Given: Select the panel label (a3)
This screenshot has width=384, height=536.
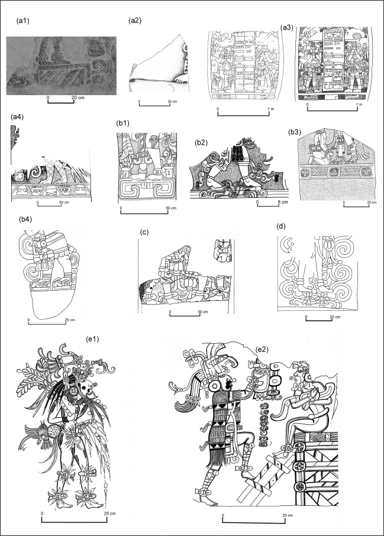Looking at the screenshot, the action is pos(287,27).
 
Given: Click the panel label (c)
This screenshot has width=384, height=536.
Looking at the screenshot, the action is pos(145,232).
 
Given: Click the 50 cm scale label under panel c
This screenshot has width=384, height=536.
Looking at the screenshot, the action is pos(202,311).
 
